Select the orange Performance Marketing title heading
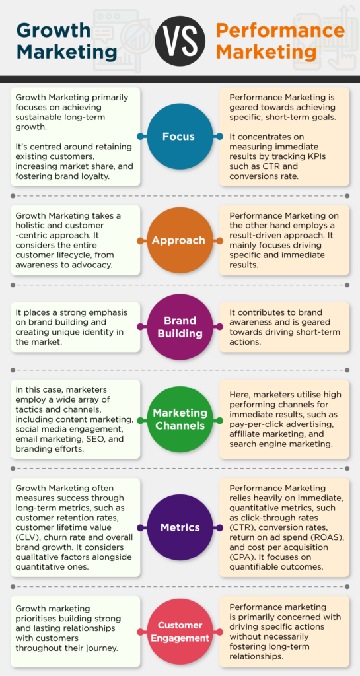[x=280, y=41]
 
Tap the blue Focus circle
[x=180, y=137]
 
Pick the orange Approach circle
[x=180, y=240]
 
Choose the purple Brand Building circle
[x=180, y=327]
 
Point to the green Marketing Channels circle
[x=180, y=419]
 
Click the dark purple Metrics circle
[x=180, y=527]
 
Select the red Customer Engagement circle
[x=180, y=632]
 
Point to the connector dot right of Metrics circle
[x=220, y=527]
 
